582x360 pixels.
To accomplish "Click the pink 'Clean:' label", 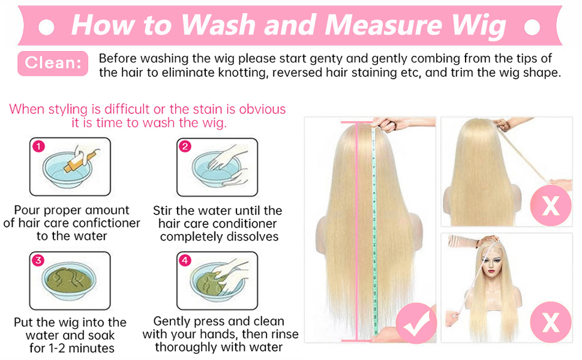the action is pyautogui.click(x=53, y=63).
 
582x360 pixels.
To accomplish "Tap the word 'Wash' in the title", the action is pyautogui.click(x=218, y=25).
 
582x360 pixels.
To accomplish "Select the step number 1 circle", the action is pyautogui.click(x=38, y=146).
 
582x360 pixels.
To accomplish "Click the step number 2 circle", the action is pyautogui.click(x=185, y=146).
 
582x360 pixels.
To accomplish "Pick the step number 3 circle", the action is pyautogui.click(x=38, y=260).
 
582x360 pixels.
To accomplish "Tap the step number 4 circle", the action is pyautogui.click(x=185, y=260).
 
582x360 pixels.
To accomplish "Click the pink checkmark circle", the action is pyautogui.click(x=416, y=323).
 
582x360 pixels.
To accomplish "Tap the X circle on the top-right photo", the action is pyautogui.click(x=550, y=205).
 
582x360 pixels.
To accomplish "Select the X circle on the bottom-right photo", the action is pyautogui.click(x=550, y=322).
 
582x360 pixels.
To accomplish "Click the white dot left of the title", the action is pyautogui.click(x=46, y=27).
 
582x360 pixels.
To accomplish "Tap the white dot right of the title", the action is pyautogui.click(x=532, y=27).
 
